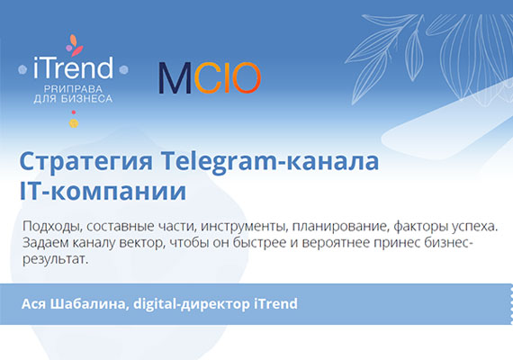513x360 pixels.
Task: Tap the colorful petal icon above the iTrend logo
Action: [75, 45]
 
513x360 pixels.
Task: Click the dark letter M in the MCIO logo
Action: [174, 79]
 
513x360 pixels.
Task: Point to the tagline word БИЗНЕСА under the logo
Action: [87, 98]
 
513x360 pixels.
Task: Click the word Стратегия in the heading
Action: [85, 163]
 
